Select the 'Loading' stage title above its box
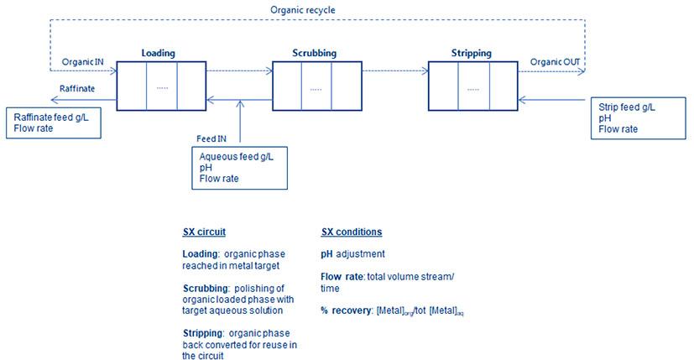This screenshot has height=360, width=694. pos(158,53)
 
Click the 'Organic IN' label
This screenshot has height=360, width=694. pos(83,61)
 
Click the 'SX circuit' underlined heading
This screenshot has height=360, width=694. pos(204,232)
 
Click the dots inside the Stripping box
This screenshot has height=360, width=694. pos(472,88)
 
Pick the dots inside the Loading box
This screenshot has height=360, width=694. pos(161,88)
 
